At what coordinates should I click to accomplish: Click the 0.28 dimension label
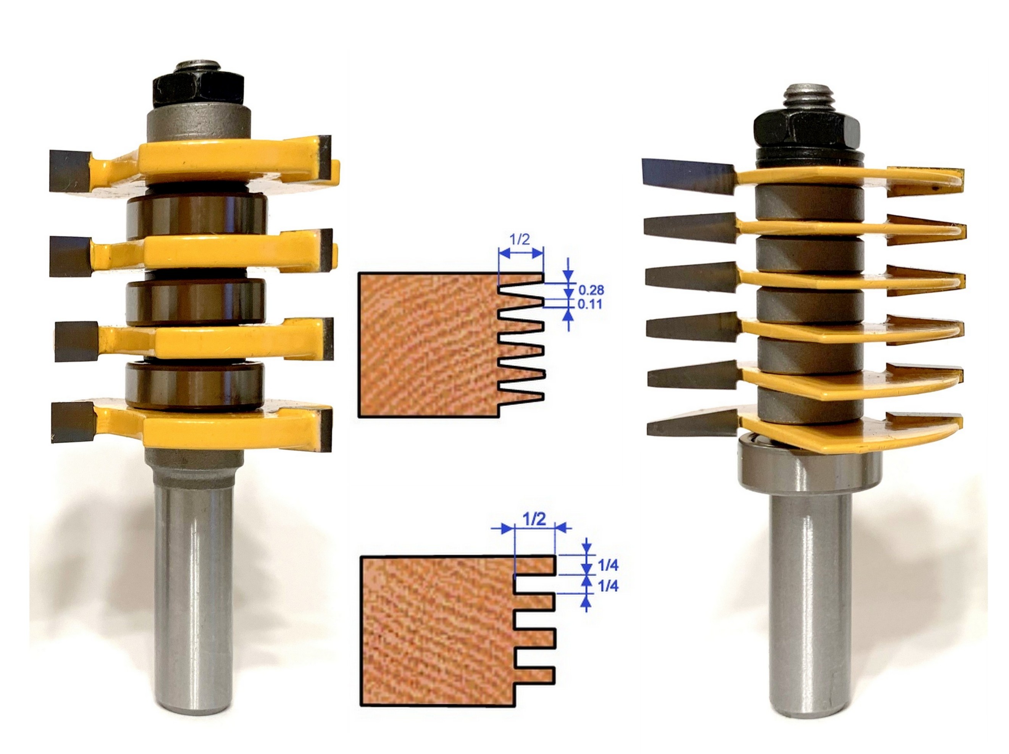[592, 290]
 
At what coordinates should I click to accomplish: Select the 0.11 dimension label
[590, 304]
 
